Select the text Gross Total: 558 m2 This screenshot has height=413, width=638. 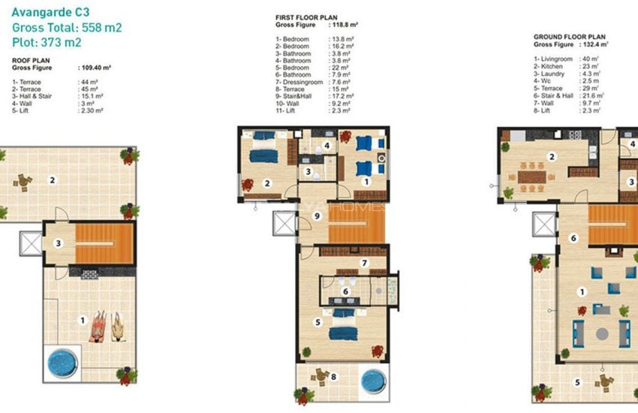[x=68, y=28]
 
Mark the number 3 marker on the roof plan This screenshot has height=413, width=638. [x=58, y=243]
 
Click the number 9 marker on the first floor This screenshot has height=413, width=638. [x=317, y=216]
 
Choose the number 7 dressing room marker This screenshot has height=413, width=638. [x=364, y=263]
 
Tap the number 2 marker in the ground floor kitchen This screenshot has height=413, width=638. [x=552, y=157]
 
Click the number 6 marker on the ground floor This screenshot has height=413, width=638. [x=573, y=238]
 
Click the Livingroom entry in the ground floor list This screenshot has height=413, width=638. [x=557, y=59]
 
